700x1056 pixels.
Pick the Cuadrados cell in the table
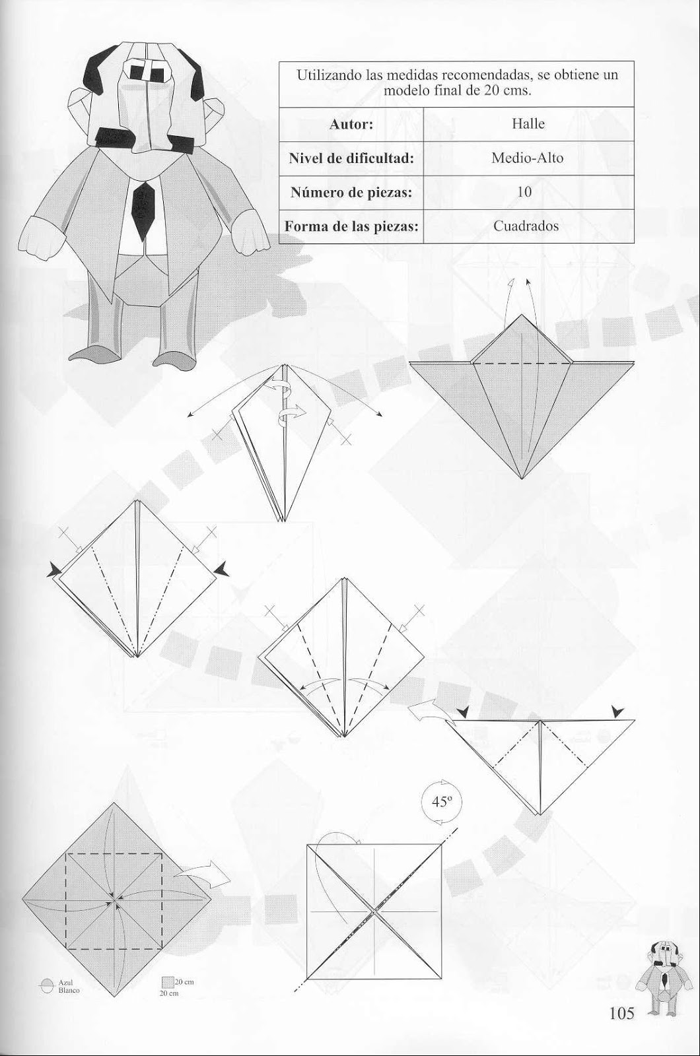tap(526, 226)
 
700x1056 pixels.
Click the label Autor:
tap(351, 123)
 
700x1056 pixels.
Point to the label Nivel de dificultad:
tap(351, 158)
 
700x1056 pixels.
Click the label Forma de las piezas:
tap(351, 226)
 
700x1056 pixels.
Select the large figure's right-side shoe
tap(175, 357)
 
